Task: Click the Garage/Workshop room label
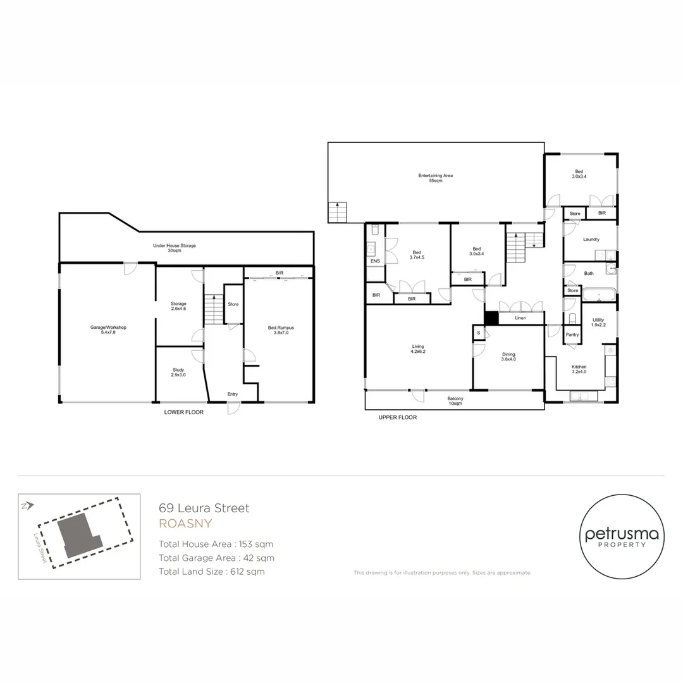(109, 329)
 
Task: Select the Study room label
(179, 372)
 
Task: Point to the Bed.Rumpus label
(281, 330)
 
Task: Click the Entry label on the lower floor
(233, 395)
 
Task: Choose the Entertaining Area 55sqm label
(435, 178)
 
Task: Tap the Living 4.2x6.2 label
(418, 349)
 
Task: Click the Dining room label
(508, 357)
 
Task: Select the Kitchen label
(579, 369)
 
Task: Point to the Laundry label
(591, 239)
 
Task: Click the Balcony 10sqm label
(455, 401)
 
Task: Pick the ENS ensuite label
(375, 261)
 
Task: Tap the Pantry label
(572, 335)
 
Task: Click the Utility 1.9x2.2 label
(598, 323)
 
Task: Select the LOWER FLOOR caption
(183, 412)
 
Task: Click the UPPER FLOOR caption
(397, 417)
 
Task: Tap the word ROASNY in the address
(185, 524)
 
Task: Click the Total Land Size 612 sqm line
(211, 572)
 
